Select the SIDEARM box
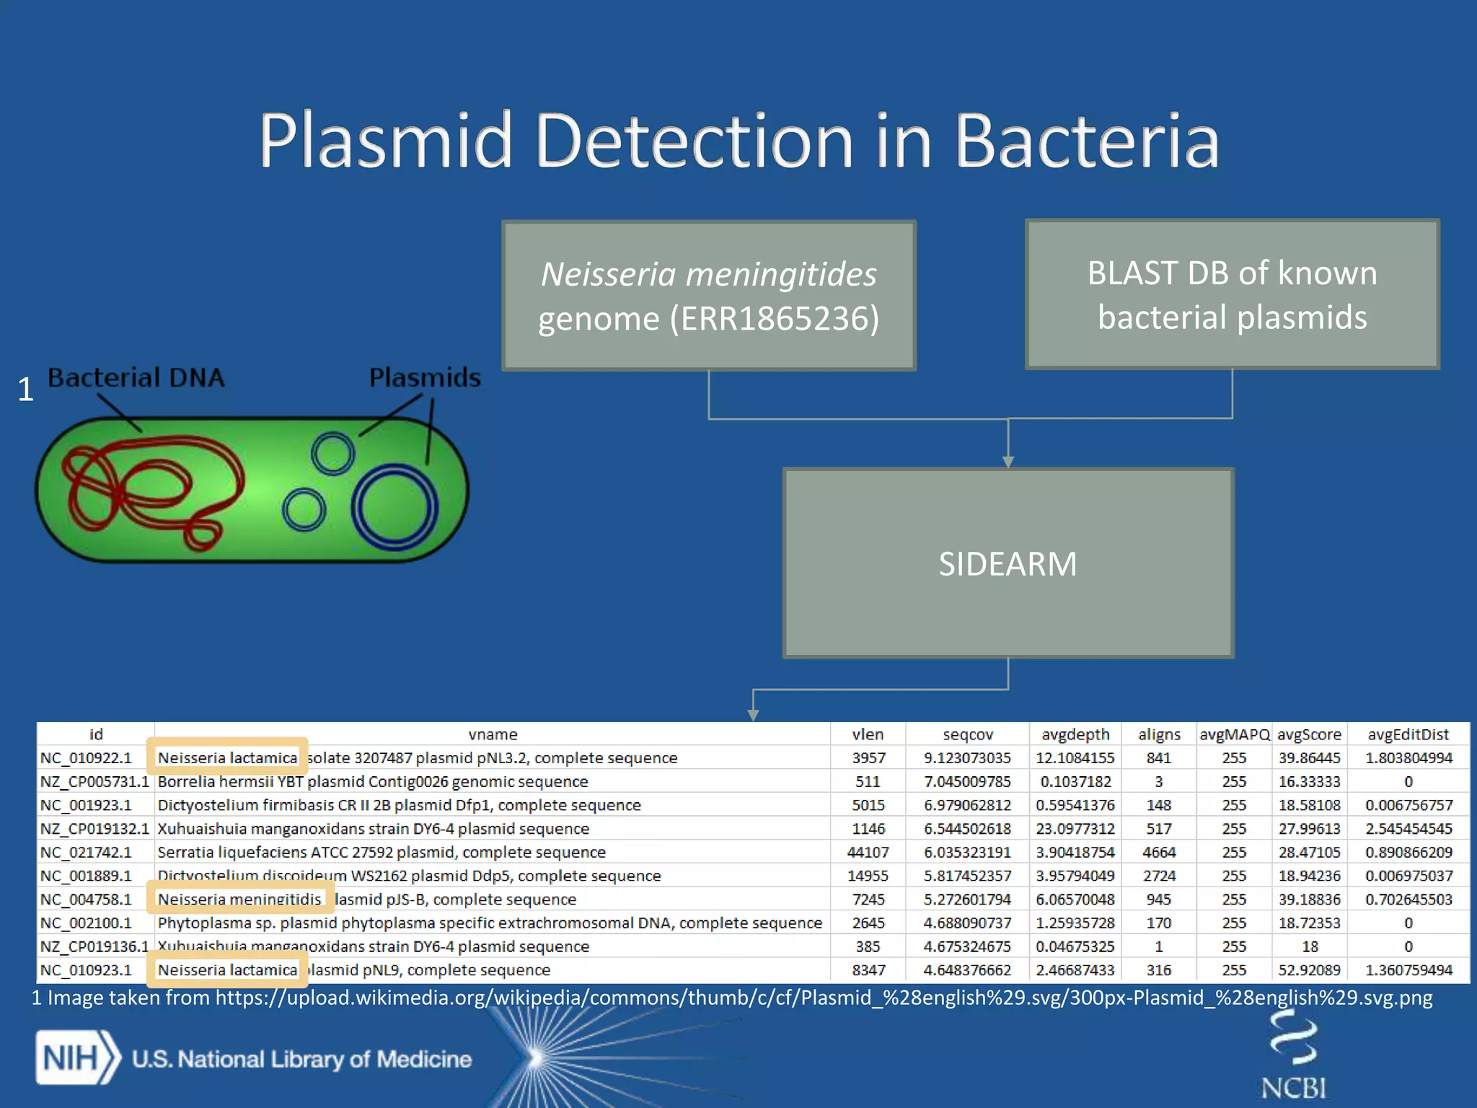point(1008,563)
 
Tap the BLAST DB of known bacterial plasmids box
point(1232,294)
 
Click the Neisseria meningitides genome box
point(708,296)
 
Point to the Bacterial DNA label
point(136,377)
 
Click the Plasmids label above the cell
point(424,377)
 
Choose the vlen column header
point(867,734)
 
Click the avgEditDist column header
point(1408,734)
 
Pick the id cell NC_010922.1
point(86,758)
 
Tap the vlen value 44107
point(868,853)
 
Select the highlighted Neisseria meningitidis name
point(239,900)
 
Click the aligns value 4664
point(1159,853)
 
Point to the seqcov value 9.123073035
point(967,758)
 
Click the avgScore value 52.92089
point(1309,970)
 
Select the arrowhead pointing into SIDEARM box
point(1008,462)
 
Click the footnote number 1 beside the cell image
point(25,390)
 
